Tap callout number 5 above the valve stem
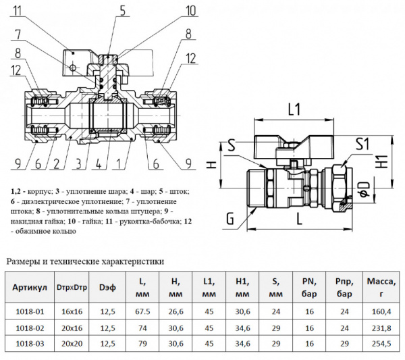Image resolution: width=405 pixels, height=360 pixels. point(122,9)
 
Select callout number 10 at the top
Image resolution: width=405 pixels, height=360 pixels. point(190,10)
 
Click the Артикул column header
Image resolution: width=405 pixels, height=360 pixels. point(30,288)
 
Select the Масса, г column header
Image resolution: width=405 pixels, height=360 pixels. point(380,288)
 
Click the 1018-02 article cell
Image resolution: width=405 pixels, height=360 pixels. point(30,328)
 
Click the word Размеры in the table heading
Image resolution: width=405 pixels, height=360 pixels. point(24,261)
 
